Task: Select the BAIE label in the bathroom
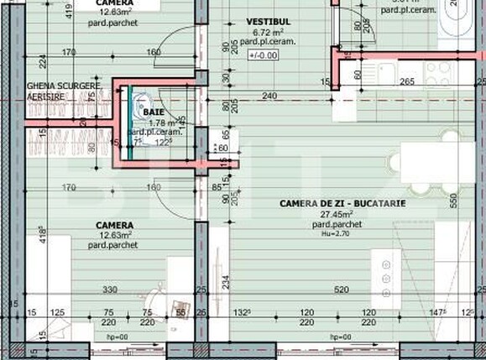click(x=154, y=111)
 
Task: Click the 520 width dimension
click(x=341, y=290)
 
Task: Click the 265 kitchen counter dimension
click(x=407, y=82)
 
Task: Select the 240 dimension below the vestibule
click(x=269, y=97)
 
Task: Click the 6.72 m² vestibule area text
click(x=263, y=31)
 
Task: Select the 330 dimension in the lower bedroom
click(x=110, y=290)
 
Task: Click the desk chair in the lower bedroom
click(x=156, y=298)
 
